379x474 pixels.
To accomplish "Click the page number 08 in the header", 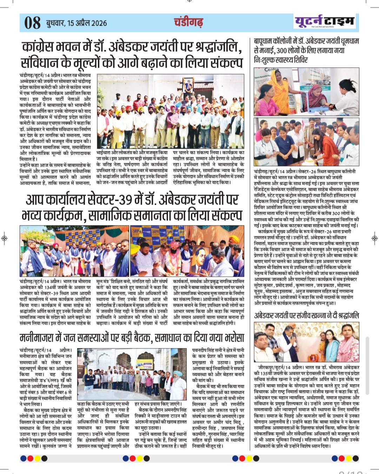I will click(x=33, y=23).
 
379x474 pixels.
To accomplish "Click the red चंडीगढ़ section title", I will click(x=188, y=22).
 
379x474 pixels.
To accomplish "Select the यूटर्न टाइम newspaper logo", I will click(x=324, y=21).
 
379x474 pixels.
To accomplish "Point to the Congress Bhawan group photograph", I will click(x=170, y=111).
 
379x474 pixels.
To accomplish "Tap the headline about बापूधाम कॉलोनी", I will click(x=306, y=50).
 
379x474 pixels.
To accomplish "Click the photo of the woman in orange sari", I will click(x=306, y=91).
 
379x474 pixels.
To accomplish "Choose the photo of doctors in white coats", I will click(x=306, y=142).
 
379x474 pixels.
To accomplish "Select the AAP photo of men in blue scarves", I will click(x=74, y=251).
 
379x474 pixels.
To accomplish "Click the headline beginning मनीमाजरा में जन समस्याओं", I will click(x=132, y=338).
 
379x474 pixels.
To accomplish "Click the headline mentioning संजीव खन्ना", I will click(x=306, y=315).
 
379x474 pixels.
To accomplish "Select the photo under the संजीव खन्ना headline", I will click(x=306, y=342).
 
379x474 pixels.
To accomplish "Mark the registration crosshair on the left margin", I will click(x=4, y=238).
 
